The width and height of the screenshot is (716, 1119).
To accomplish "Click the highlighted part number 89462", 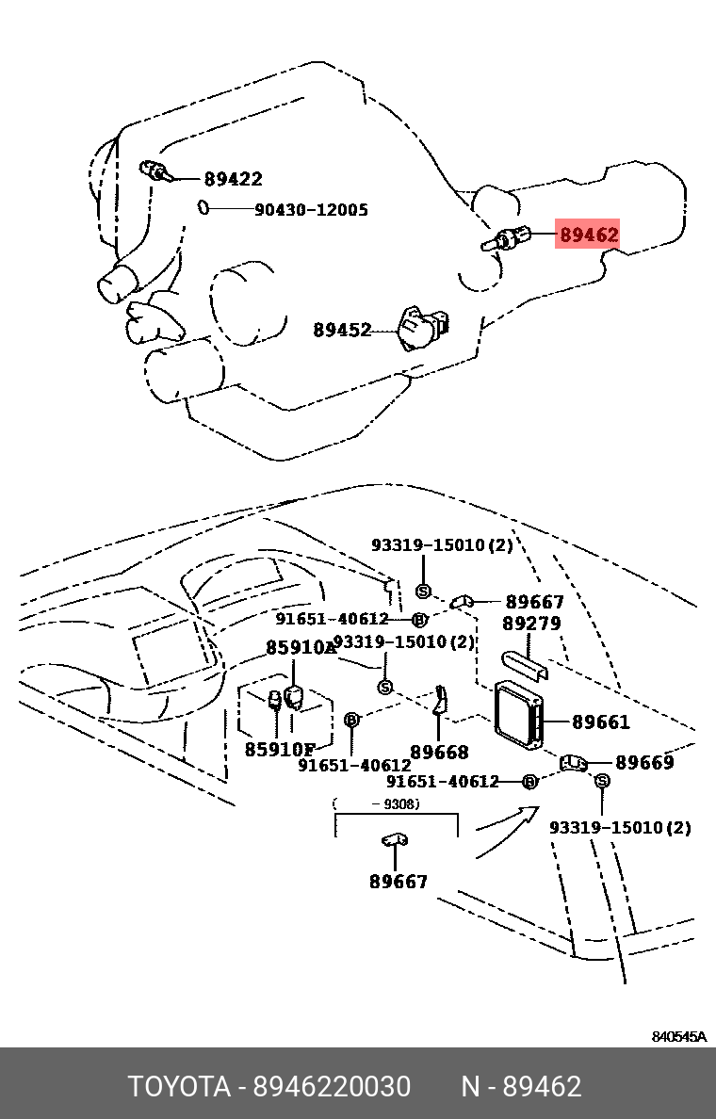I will [x=589, y=234].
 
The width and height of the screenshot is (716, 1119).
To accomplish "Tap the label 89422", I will [x=233, y=179].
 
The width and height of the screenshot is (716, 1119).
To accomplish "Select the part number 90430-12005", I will [x=311, y=210].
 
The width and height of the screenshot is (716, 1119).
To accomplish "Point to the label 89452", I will [x=342, y=330].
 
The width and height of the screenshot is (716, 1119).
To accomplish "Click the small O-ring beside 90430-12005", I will [x=203, y=207].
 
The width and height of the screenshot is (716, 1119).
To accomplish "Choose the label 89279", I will [x=530, y=624].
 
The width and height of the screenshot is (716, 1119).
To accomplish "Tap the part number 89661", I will [x=601, y=722].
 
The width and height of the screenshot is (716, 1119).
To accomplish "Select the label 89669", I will [x=644, y=762].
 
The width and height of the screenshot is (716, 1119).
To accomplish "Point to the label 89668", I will [x=439, y=752].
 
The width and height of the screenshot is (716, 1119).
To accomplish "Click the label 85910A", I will [x=300, y=648].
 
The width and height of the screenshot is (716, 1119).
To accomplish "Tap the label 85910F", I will [x=280, y=750].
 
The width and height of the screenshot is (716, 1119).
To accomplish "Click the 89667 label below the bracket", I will [x=399, y=882].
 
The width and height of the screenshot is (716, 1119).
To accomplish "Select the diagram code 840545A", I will [x=678, y=1037].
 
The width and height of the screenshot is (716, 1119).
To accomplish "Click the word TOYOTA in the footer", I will [x=179, y=1087].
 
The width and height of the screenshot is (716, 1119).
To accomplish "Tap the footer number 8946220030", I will [x=331, y=1087].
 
